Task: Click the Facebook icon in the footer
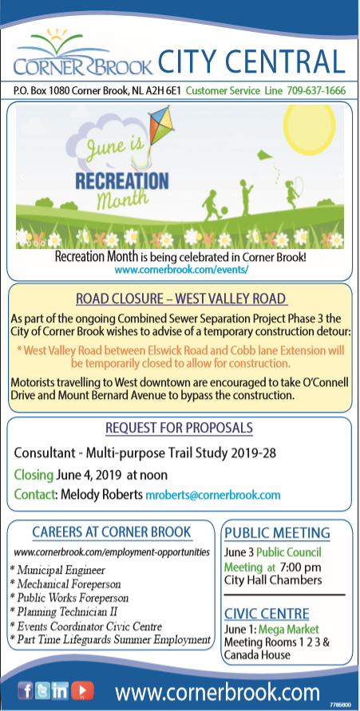[26, 690]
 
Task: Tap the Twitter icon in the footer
[42, 690]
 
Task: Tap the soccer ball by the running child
[225, 211]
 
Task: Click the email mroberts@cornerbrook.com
[212, 494]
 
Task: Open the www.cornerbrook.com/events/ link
[181, 270]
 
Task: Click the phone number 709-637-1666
[316, 90]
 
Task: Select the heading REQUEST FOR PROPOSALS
[179, 428]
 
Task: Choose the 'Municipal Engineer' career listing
[61, 570]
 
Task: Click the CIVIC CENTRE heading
[267, 614]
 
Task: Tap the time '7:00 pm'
[301, 567]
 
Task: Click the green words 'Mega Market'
[295, 630]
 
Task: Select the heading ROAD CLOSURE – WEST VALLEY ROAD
[181, 298]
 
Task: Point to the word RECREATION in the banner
[121, 180]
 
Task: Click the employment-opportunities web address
[112, 552]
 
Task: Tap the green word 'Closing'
[34, 476]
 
